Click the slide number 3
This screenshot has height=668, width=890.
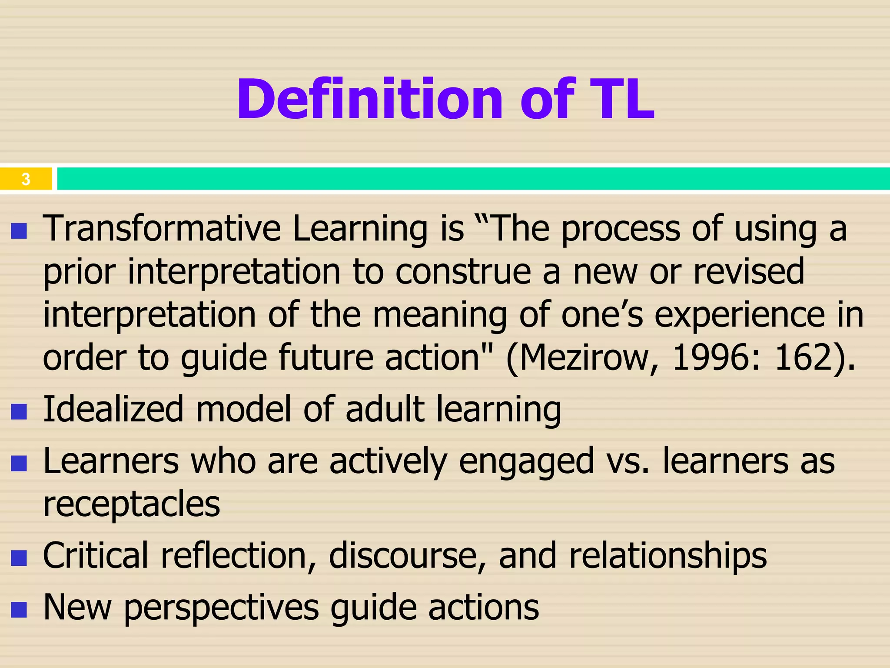pos(26,179)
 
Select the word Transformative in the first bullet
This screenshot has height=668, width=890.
pos(162,229)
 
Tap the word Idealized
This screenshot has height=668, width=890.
pos(113,409)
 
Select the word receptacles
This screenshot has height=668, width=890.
pos(132,504)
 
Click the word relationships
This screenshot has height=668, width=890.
pos(668,556)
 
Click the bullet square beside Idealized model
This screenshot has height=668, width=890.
pos(19,411)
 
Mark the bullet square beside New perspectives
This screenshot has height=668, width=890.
pos(19,609)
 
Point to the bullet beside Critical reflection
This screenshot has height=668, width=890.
pos(19,558)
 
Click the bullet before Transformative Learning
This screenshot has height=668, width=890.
pos(19,231)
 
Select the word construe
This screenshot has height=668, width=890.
pos(463,272)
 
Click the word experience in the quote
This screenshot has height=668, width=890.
pos(739,315)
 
